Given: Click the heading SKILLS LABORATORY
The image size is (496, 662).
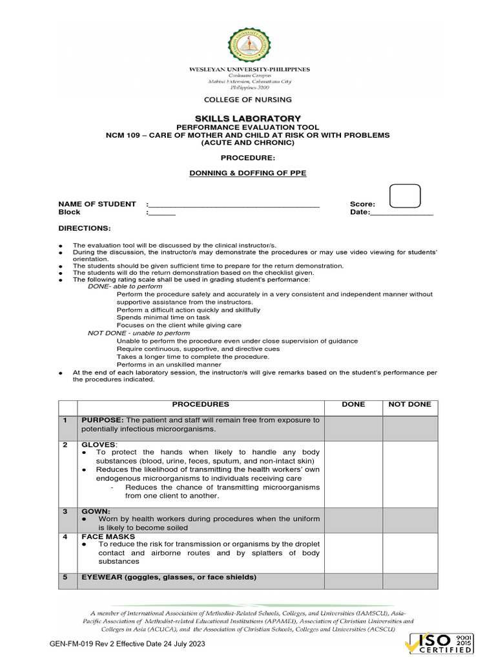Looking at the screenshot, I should click(x=248, y=118).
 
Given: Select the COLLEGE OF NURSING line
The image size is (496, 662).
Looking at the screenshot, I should click(x=248, y=100).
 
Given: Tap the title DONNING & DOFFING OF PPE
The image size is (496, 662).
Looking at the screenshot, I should click(x=248, y=173).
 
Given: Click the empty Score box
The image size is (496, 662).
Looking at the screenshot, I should click(x=405, y=196).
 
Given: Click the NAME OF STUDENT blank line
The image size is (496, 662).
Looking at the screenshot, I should click(x=234, y=204).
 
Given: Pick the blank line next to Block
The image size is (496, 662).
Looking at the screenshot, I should click(x=162, y=213).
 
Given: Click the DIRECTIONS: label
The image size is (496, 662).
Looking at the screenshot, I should click(x=85, y=229).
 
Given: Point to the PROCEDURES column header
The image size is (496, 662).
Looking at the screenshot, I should click(x=200, y=405).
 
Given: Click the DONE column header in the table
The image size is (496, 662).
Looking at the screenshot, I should click(x=353, y=405).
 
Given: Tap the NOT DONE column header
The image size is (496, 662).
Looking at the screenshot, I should click(x=409, y=405).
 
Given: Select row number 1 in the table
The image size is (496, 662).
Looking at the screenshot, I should click(x=65, y=420).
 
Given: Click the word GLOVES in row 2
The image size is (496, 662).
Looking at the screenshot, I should click(x=99, y=445).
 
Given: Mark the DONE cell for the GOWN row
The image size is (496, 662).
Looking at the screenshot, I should click(x=353, y=520).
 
